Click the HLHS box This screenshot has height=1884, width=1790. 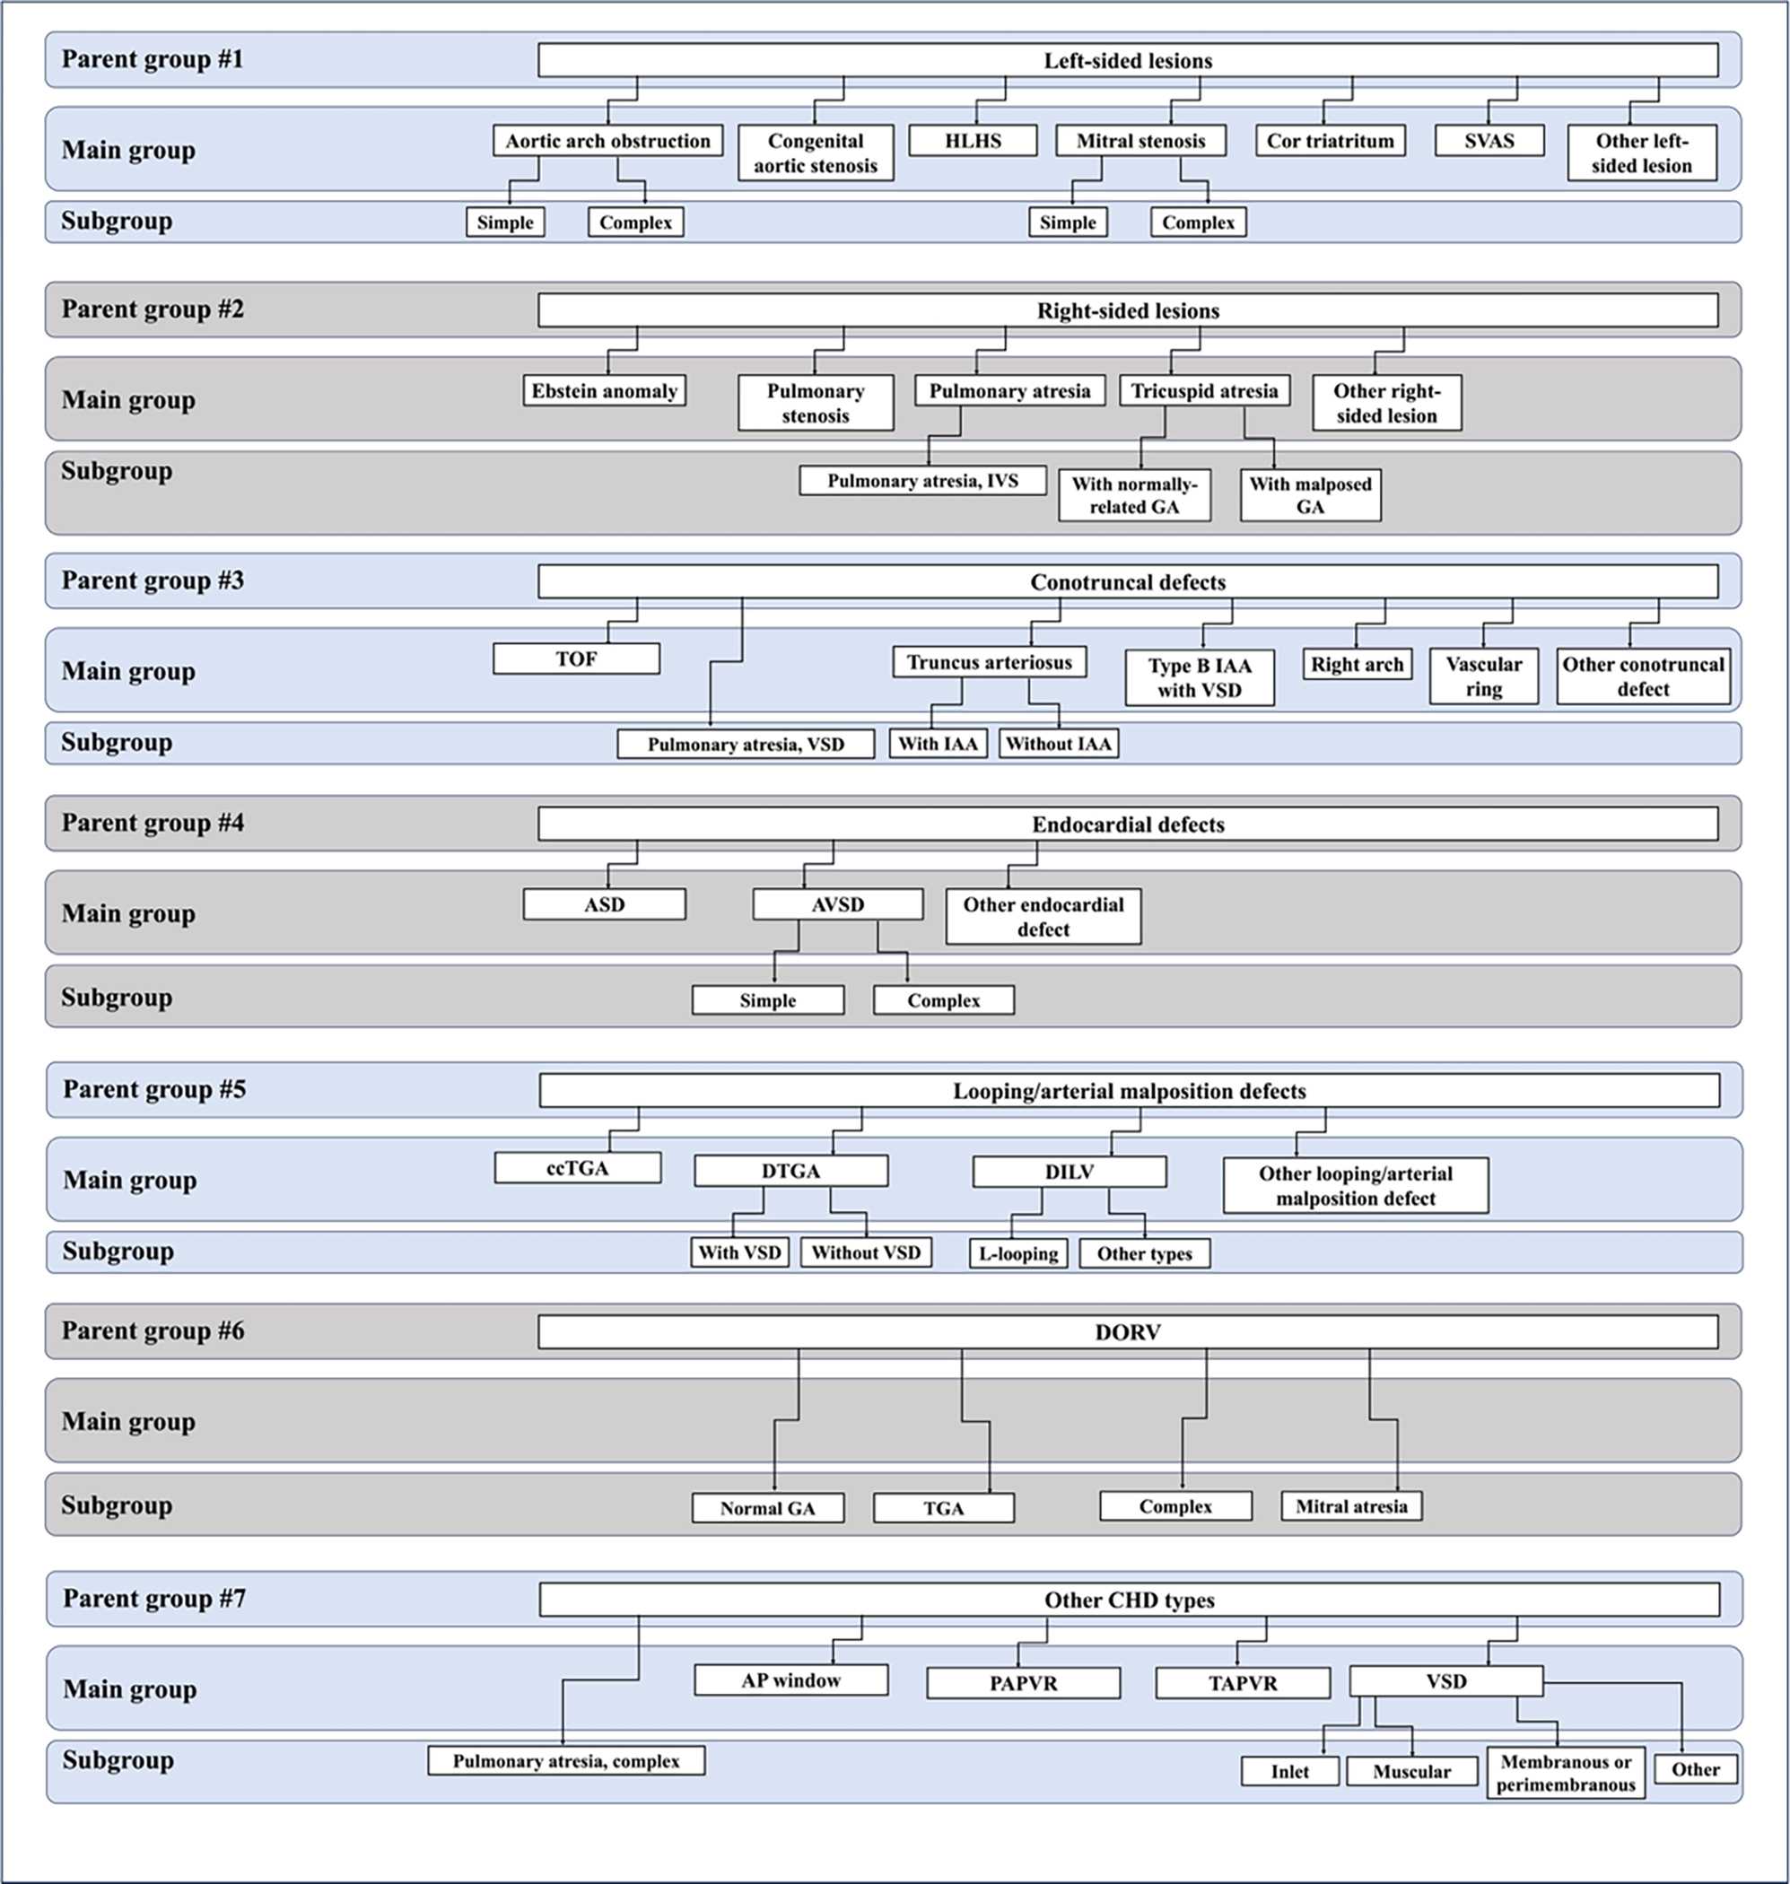973,141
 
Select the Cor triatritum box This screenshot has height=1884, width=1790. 1330,141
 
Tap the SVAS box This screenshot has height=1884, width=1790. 1489,141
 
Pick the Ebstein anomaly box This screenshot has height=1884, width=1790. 604,391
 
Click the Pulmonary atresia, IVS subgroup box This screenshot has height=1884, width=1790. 921,481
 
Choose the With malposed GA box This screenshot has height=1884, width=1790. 1310,495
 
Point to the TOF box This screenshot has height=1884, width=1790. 575,659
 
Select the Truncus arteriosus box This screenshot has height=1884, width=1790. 989,662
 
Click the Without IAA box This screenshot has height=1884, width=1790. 1058,744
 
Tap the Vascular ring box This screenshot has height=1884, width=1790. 1483,676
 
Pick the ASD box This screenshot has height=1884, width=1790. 604,904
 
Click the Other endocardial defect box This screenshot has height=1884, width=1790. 1043,917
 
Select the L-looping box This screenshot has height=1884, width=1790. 1018,1253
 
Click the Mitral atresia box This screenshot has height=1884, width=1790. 1351,1506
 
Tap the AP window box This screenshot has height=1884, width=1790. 790,1679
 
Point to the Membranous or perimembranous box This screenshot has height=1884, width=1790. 1565,1774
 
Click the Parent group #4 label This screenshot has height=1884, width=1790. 153,823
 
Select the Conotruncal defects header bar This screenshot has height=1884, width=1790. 1127,582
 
